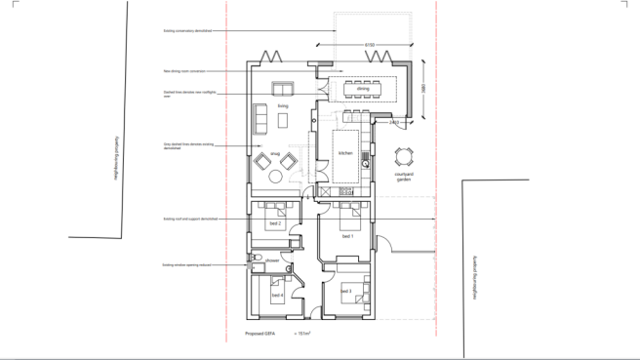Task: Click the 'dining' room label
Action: tap(363, 89)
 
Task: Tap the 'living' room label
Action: tap(283, 104)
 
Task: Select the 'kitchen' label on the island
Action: tap(344, 153)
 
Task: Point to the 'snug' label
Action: tap(275, 153)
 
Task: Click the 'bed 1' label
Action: tap(346, 237)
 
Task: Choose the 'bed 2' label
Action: tap(274, 223)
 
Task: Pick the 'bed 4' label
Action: tap(277, 295)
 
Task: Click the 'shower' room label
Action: tap(272, 260)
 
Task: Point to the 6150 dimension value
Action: tap(370, 46)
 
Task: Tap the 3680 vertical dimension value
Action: tap(425, 89)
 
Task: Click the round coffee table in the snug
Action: tap(275, 176)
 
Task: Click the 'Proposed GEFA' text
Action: tap(259, 334)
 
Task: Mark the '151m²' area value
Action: tap(302, 334)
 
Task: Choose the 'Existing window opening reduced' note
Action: tap(182, 264)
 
